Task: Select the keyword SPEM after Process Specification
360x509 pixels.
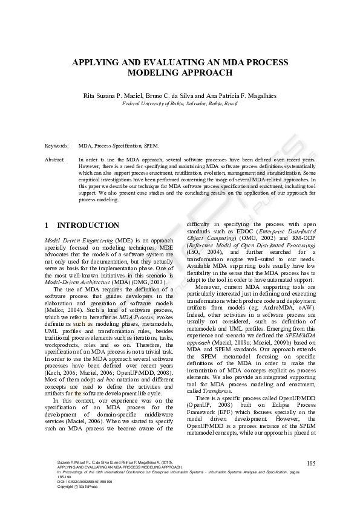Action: point(152,147)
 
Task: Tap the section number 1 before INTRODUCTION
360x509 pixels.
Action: point(47,225)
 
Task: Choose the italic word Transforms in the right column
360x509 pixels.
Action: point(218,374)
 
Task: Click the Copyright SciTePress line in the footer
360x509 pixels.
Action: point(75,487)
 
